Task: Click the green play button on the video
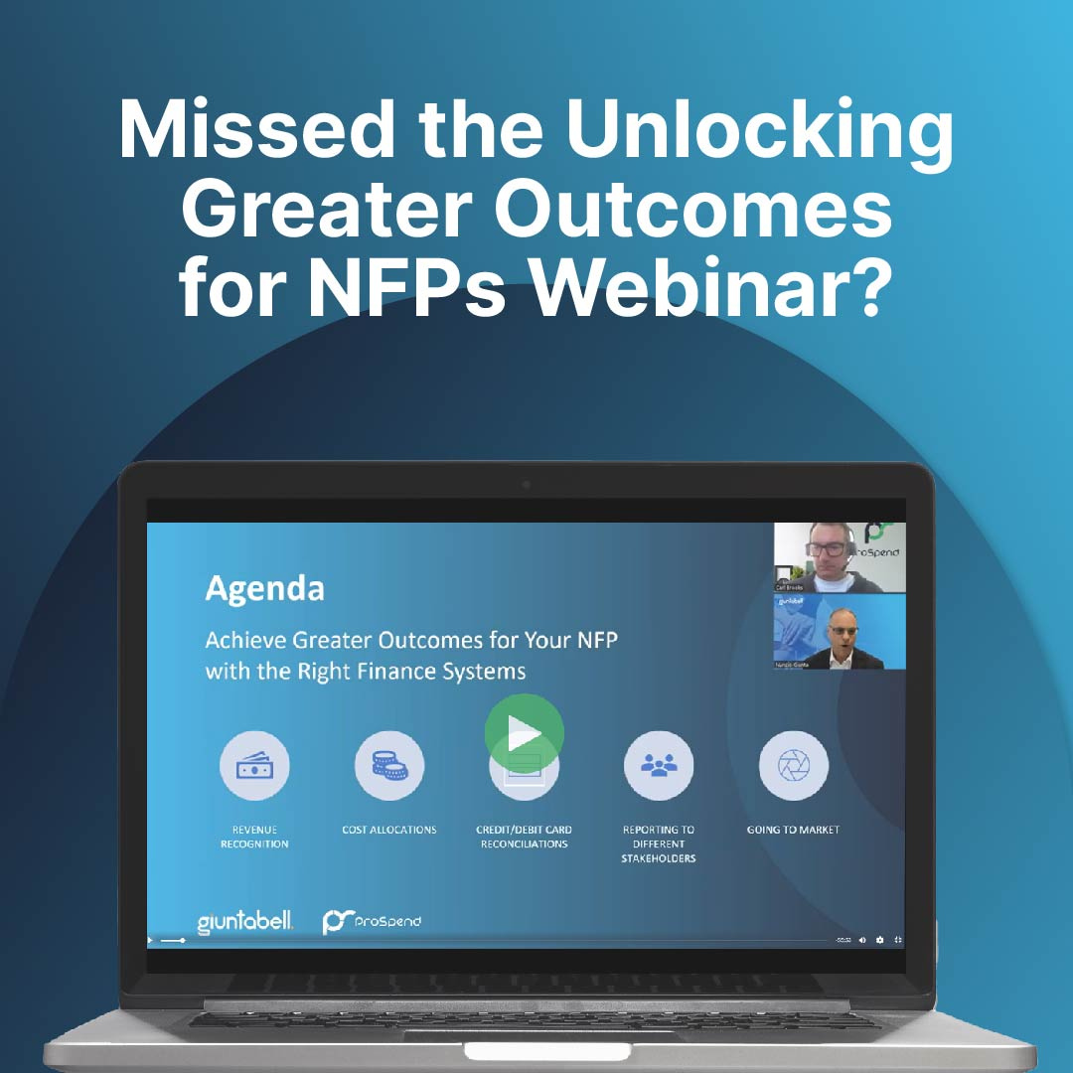click(x=524, y=734)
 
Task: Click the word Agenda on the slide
click(x=264, y=588)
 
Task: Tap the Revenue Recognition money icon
click(x=254, y=766)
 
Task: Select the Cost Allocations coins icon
click(x=389, y=766)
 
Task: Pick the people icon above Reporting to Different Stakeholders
click(x=659, y=766)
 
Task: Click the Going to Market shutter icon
click(x=793, y=766)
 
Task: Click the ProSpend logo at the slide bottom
click(x=372, y=922)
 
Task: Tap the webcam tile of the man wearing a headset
click(x=840, y=558)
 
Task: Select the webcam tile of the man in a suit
click(x=840, y=632)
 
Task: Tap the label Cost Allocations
click(x=389, y=830)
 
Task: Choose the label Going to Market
click(x=793, y=830)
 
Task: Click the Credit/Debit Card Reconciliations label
click(x=524, y=837)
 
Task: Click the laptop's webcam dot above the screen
click(x=526, y=485)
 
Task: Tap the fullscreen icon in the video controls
click(x=898, y=940)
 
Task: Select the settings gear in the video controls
click(x=880, y=940)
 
